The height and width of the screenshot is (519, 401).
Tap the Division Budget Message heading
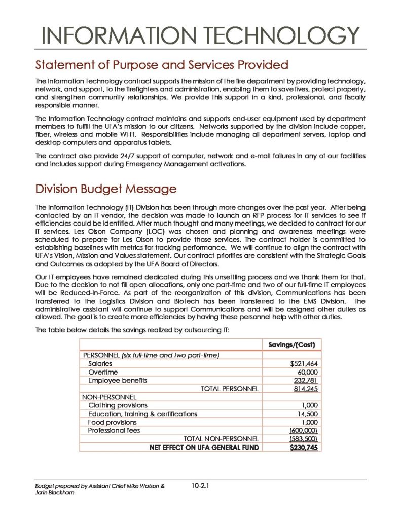(x=105, y=189)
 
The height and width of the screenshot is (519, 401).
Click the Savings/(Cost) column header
(x=291, y=345)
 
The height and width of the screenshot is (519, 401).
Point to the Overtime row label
(x=103, y=372)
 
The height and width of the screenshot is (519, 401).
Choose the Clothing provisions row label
(x=118, y=405)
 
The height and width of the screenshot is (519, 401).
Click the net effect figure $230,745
(x=304, y=447)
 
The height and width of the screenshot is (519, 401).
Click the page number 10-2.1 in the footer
(x=201, y=486)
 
